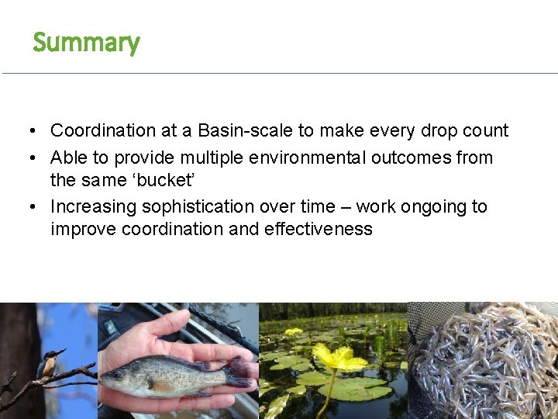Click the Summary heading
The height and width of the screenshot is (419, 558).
tap(86, 43)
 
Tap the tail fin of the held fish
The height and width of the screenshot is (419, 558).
tap(239, 370)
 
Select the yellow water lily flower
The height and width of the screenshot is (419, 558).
tap(340, 359)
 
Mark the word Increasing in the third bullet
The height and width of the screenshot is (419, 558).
tap(88, 207)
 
